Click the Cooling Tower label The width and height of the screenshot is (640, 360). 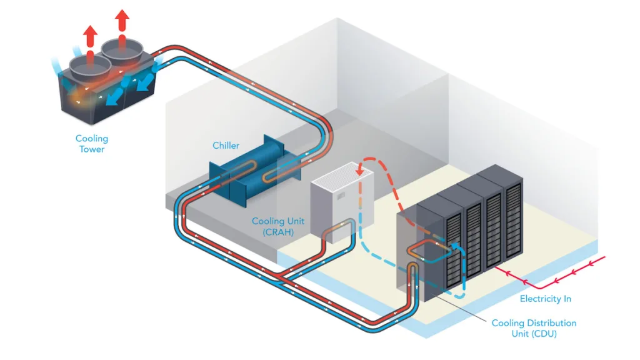(92, 144)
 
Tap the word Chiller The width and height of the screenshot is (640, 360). (226, 146)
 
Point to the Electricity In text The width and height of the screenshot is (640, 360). (545, 299)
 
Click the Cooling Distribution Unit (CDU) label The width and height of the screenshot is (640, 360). (534, 328)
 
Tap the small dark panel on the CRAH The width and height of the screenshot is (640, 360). (341, 199)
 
